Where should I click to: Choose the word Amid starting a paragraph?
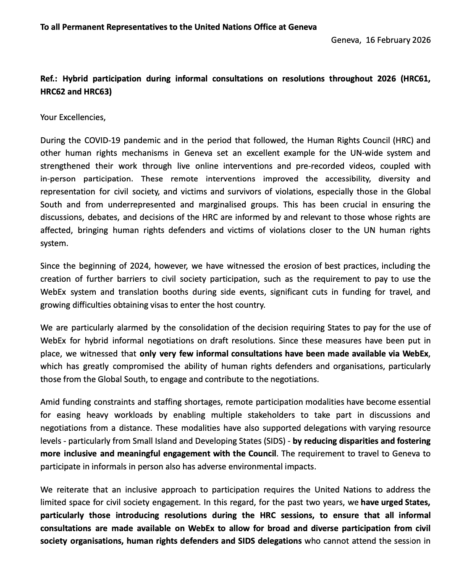tap(50, 402)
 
